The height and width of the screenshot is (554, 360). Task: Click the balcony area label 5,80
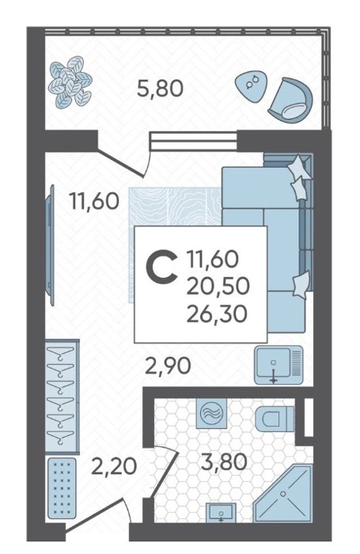pyautogui.click(x=160, y=89)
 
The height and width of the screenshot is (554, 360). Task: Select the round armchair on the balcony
pyautogui.click(x=290, y=100)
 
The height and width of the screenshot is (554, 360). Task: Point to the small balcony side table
pyautogui.click(x=251, y=85)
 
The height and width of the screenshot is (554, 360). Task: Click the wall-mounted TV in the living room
pyautogui.click(x=51, y=245)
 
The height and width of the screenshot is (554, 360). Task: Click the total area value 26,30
pyautogui.click(x=216, y=313)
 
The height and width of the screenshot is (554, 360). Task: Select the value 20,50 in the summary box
pyautogui.click(x=218, y=286)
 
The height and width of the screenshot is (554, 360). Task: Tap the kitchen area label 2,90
pyautogui.click(x=169, y=366)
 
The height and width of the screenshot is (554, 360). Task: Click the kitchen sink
pyautogui.click(x=279, y=365)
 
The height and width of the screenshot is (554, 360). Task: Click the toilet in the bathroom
pyautogui.click(x=275, y=419)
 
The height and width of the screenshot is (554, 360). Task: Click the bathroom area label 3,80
pyautogui.click(x=223, y=462)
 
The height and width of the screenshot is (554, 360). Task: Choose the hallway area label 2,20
pyautogui.click(x=114, y=466)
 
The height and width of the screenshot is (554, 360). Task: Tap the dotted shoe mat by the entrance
pyautogui.click(x=62, y=488)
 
